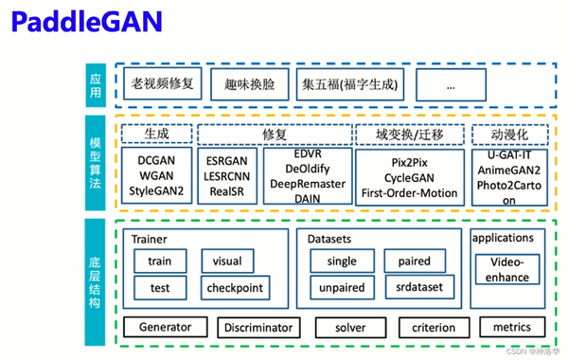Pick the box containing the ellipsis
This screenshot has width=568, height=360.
[x=450, y=84]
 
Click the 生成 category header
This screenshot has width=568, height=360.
[x=156, y=134]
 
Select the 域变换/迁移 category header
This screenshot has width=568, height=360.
[x=409, y=134]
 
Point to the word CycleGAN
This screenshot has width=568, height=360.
[x=409, y=177]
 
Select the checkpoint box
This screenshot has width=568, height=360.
[x=235, y=287]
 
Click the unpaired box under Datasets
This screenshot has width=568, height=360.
[x=342, y=287]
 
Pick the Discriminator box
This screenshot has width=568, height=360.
[x=257, y=328]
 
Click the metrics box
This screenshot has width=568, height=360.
[x=510, y=328]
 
